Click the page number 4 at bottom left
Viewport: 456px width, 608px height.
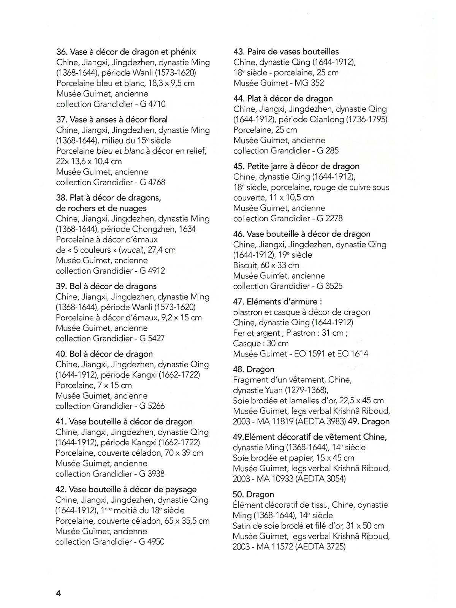click(x=58, y=593)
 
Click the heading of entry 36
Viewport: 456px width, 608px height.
click(x=126, y=52)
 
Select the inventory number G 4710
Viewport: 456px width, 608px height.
click(x=153, y=104)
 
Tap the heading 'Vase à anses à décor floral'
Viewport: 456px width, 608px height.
click(x=112, y=119)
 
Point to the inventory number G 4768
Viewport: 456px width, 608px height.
click(x=152, y=182)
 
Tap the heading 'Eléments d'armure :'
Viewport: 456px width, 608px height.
click(x=278, y=302)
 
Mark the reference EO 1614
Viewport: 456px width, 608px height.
click(x=353, y=354)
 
